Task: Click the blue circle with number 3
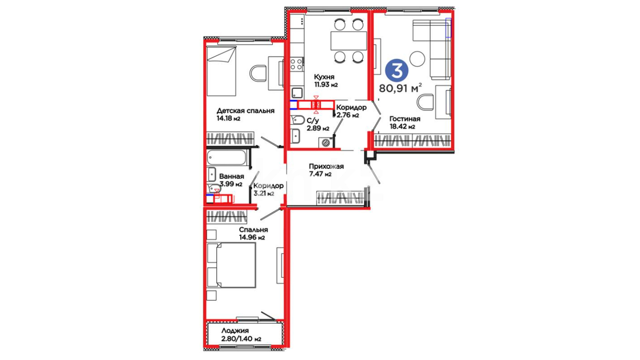397,70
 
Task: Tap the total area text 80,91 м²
400,88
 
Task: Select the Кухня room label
324,77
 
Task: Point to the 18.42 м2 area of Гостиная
402,127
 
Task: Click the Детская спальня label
245,111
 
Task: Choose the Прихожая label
326,166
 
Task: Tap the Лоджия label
235,331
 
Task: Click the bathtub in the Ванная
227,158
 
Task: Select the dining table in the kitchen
349,41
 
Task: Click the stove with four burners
297,64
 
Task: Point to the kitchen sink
297,92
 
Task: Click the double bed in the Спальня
231,265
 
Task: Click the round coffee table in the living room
417,59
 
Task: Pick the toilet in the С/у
297,120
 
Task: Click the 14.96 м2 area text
252,238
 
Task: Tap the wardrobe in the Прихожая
340,197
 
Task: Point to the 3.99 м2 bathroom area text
231,184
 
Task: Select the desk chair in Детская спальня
258,73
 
